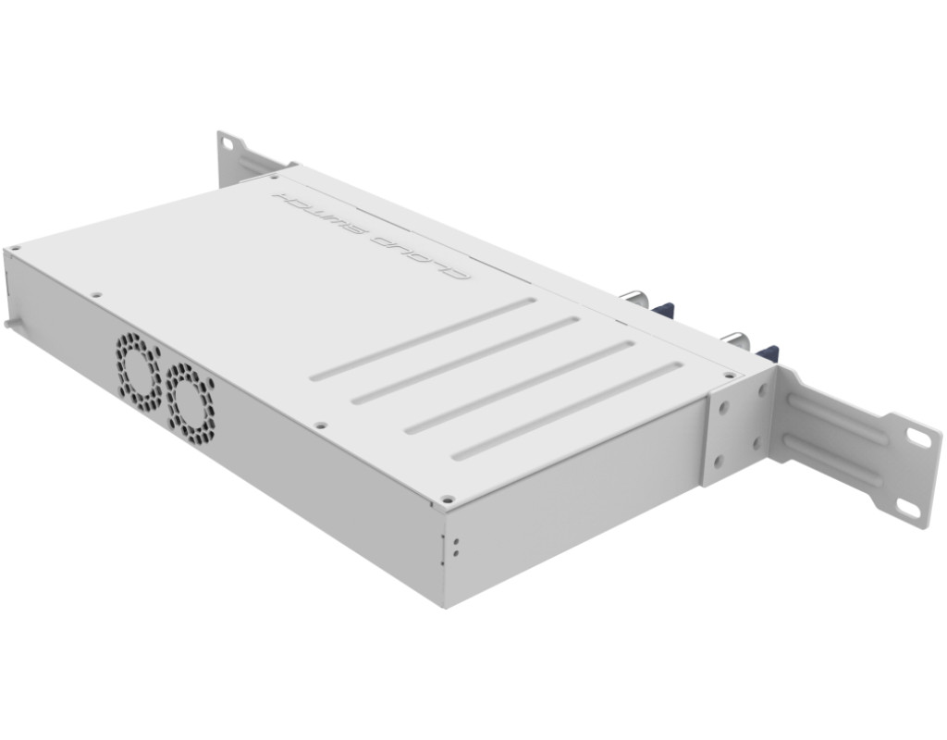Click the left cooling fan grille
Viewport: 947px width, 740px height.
(139, 370)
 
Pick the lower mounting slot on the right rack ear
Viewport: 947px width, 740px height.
(908, 508)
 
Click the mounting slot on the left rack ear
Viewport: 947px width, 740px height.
(228, 143)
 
